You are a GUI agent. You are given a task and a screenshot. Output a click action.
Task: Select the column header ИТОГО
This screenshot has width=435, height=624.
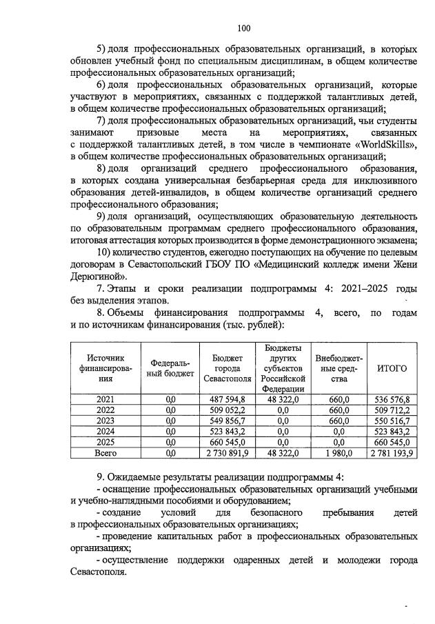tap(392, 368)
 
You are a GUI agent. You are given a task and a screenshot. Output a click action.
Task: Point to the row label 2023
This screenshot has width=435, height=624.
tap(105, 420)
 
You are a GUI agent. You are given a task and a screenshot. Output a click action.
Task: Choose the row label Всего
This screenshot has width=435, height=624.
tap(105, 453)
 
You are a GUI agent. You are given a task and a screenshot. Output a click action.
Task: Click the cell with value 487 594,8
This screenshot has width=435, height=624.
tap(228, 399)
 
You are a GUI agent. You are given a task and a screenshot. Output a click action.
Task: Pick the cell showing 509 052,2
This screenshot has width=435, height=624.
tap(228, 410)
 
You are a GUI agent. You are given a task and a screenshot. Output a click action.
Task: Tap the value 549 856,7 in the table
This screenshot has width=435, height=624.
tap(228, 421)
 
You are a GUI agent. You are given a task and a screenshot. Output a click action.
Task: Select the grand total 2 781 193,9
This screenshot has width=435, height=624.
tap(392, 453)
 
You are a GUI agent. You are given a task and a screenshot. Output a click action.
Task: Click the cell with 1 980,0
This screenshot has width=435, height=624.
tap(339, 453)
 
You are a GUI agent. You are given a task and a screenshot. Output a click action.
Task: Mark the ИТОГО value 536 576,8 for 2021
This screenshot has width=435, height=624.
tap(392, 399)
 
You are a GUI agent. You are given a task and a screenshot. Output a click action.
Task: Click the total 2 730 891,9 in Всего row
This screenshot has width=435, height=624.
tap(228, 453)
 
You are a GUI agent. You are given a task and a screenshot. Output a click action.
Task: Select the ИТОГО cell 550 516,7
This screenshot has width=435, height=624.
tap(392, 421)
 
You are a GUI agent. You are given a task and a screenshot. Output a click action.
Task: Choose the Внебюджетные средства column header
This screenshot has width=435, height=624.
tap(339, 368)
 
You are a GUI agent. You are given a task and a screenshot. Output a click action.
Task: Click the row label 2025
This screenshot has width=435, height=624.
tap(105, 442)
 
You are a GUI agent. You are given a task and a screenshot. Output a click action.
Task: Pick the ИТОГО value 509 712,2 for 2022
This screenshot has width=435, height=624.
tap(392, 410)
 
